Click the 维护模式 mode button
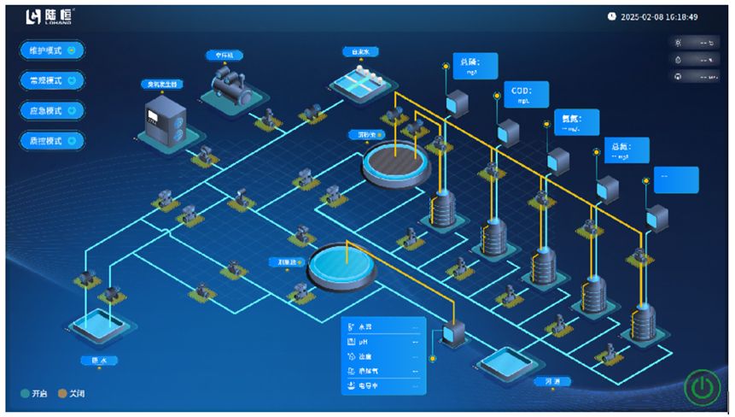(51, 50)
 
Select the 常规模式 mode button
(51, 80)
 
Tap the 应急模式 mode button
(51, 110)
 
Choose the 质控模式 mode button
(51, 140)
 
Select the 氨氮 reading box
(576, 121)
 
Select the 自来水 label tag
(359, 51)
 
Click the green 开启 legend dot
(26, 393)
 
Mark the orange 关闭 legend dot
(61, 393)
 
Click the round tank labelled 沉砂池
(394, 161)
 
